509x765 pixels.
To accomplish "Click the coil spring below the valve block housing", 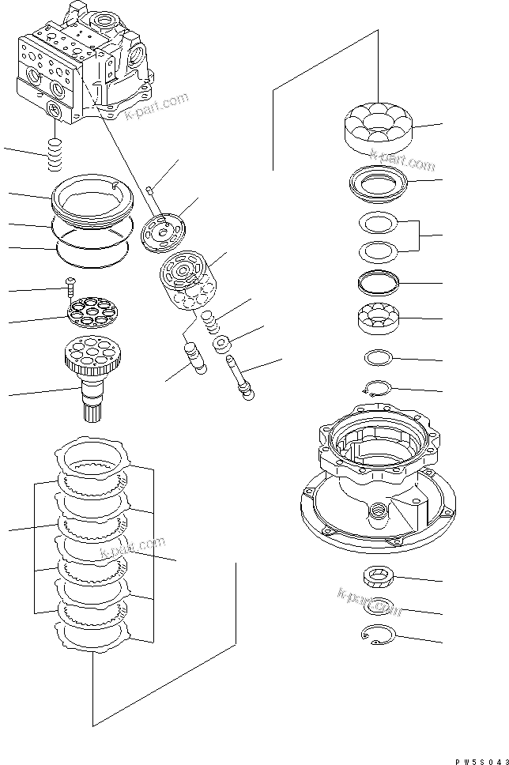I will [x=55, y=153].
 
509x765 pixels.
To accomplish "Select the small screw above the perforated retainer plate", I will [x=69, y=284].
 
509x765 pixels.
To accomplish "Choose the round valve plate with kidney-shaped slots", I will [x=162, y=232].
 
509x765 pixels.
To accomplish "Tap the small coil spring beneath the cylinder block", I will [x=210, y=321].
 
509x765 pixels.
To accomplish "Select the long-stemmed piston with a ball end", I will [x=239, y=375].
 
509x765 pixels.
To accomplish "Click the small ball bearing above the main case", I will [x=377, y=318].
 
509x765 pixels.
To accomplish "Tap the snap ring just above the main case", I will [x=377, y=386].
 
